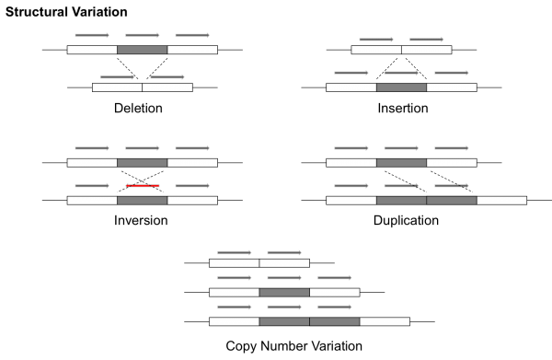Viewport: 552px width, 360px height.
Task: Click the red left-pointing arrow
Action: [143, 186]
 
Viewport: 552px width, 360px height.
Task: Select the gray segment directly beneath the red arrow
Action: [143, 200]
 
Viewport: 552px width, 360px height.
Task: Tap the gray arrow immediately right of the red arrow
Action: [192, 186]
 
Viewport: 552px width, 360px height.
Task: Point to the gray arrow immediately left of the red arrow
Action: [92, 186]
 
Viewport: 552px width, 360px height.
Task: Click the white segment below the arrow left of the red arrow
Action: [92, 200]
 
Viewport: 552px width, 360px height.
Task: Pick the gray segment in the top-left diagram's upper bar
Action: [143, 50]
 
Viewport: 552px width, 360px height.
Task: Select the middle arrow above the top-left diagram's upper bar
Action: [143, 36]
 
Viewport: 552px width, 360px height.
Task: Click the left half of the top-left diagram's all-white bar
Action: [117, 87]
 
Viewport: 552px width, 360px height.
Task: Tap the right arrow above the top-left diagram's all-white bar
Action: [167, 76]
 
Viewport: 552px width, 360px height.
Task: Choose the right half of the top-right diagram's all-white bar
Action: [427, 50]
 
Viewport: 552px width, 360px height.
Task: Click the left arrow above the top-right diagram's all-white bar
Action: [376, 40]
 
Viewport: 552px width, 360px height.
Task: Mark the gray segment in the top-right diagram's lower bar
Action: [401, 87]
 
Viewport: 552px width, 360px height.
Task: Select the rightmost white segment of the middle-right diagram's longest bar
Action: [501, 200]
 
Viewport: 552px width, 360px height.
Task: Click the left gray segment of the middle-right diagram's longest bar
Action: [401, 200]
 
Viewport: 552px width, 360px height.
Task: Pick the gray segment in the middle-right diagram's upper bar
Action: [401, 162]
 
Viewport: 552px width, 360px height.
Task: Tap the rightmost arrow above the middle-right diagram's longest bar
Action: [452, 186]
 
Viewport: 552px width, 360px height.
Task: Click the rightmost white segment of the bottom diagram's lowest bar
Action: [385, 321]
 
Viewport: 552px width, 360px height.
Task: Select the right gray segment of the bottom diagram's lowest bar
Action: [335, 321]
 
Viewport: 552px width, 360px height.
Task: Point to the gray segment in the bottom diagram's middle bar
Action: [284, 292]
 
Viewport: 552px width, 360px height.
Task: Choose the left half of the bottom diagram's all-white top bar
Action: [235, 262]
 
